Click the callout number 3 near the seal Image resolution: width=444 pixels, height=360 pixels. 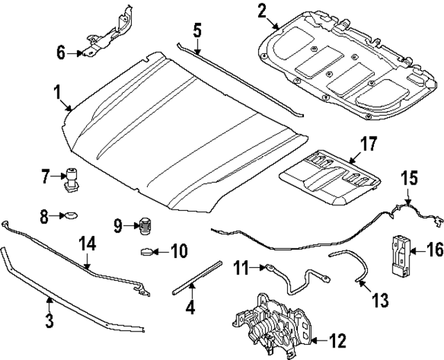pyautogui.click(x=49, y=321)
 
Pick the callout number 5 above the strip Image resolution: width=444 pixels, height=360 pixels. pyautogui.click(x=197, y=31)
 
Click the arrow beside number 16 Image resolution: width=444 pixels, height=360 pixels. pyautogui.click(x=416, y=251)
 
